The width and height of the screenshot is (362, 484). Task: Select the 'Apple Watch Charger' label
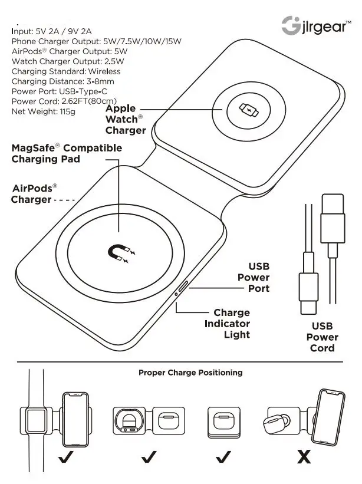point(125,120)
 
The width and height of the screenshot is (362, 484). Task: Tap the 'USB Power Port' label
point(254,278)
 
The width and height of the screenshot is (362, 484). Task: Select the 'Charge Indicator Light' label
point(228,324)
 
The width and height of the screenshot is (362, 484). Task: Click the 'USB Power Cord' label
point(322,337)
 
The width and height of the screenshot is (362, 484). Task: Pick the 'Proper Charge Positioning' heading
point(190,373)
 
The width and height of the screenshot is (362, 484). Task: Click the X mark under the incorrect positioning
point(304,457)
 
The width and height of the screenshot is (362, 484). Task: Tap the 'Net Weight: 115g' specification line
point(44,111)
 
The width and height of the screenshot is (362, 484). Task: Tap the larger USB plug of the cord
point(332,224)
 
